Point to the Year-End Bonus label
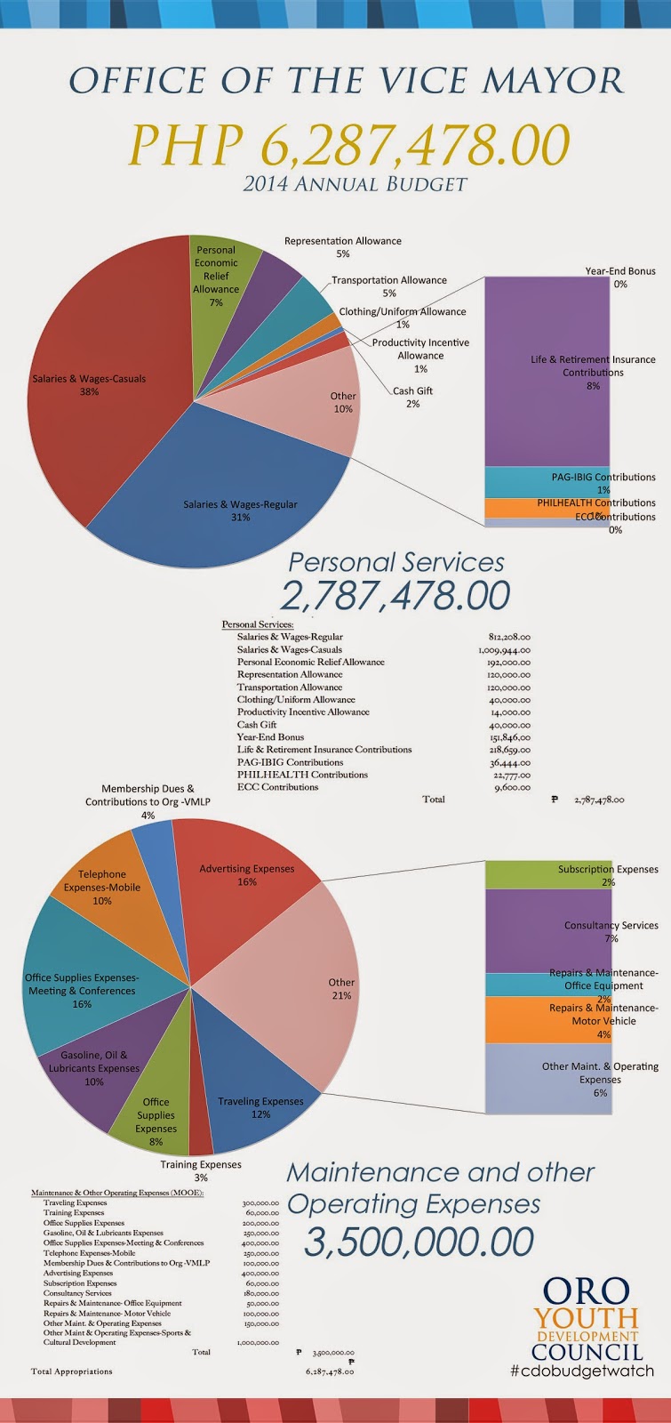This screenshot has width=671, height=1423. (619, 271)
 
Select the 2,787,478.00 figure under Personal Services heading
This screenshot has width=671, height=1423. (395, 595)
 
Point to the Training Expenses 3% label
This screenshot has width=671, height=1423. (200, 1170)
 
